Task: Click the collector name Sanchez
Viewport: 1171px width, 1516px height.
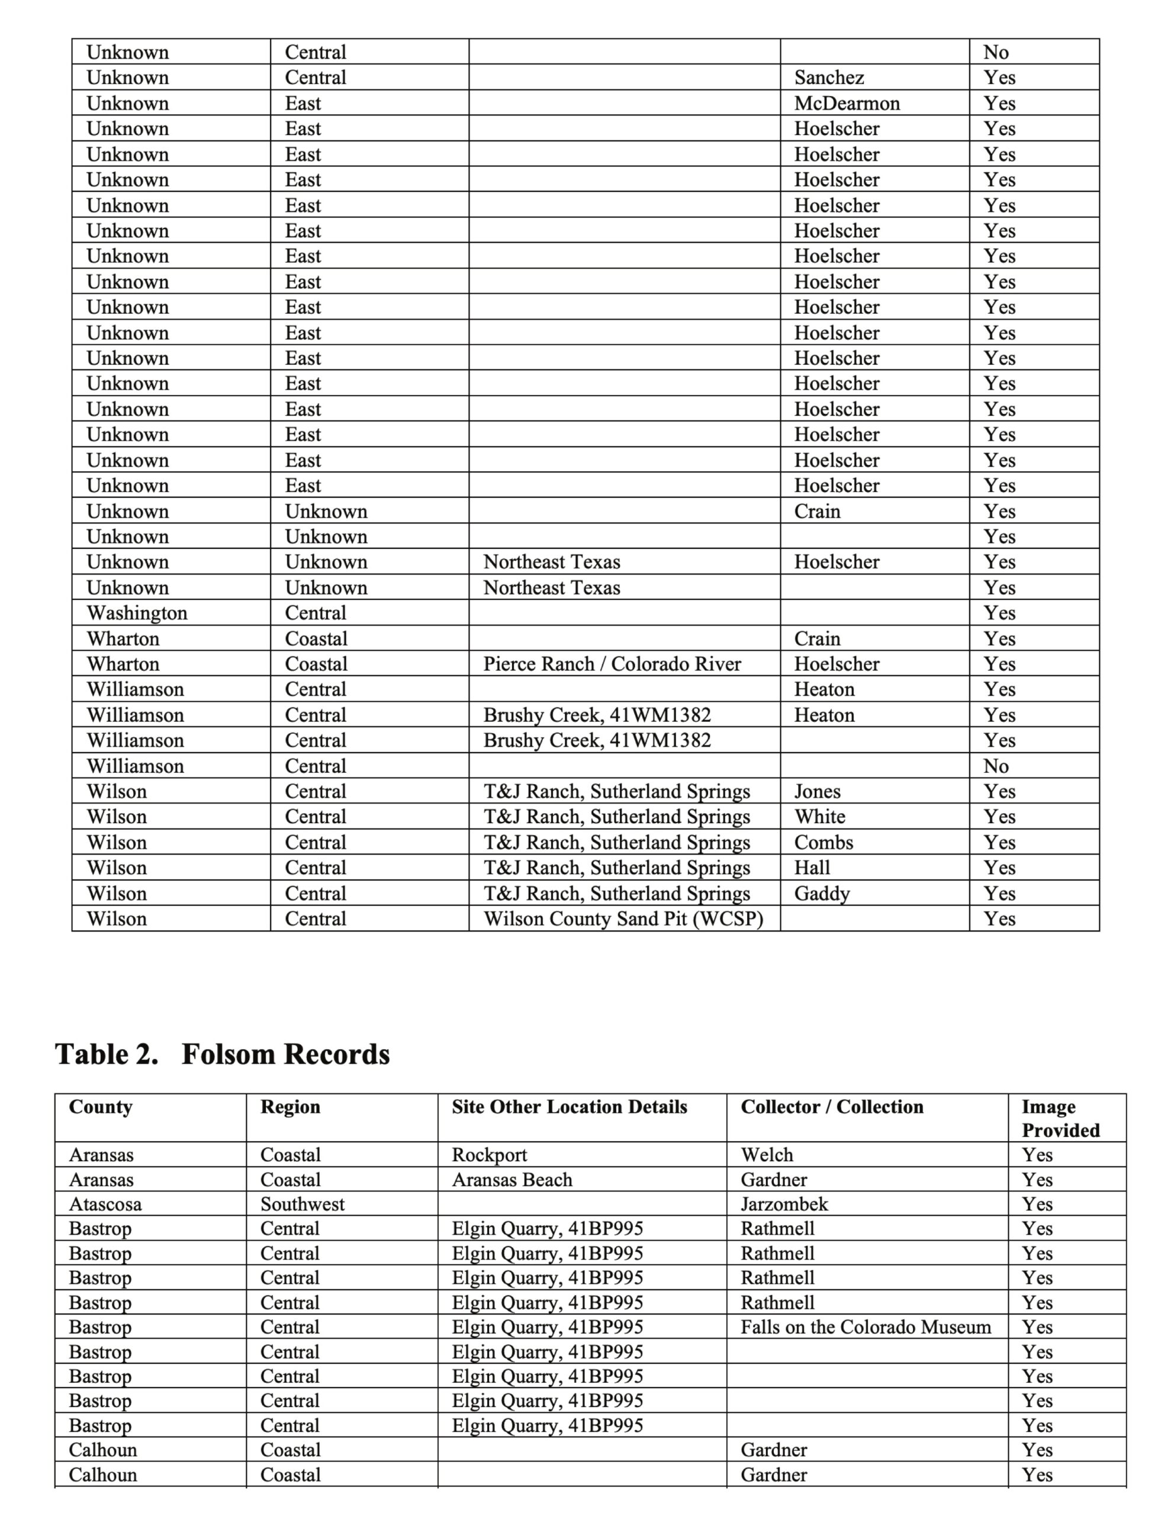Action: click(x=829, y=77)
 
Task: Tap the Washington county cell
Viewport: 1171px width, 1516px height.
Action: click(x=137, y=613)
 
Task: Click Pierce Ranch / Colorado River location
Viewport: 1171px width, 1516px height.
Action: click(x=612, y=664)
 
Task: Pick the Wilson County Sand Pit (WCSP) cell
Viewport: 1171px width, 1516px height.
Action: click(x=623, y=918)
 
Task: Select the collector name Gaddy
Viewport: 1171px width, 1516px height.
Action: click(x=822, y=894)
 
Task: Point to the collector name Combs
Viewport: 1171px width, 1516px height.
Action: click(x=823, y=842)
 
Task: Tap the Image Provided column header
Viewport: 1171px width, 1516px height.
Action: click(x=1060, y=1118)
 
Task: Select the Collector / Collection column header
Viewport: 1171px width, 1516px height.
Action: click(x=832, y=1106)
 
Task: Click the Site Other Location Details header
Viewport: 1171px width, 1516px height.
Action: click(x=569, y=1106)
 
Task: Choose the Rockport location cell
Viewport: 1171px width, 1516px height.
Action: click(x=490, y=1154)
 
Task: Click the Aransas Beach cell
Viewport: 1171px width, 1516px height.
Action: click(x=512, y=1180)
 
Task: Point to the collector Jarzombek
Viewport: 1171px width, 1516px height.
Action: click(x=784, y=1204)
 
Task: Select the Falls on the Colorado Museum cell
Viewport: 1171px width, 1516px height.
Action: click(x=866, y=1327)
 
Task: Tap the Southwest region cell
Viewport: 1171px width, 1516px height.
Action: click(x=302, y=1204)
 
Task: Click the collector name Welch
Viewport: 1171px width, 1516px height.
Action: click(x=766, y=1154)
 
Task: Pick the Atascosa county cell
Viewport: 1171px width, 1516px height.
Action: click(x=105, y=1204)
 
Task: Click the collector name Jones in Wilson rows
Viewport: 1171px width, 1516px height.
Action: click(x=817, y=791)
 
